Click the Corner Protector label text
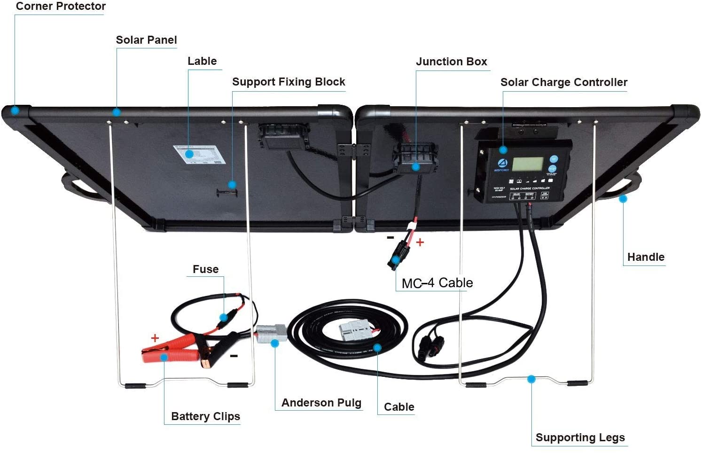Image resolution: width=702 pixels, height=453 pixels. point(61,7)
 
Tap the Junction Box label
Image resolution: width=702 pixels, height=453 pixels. point(451,62)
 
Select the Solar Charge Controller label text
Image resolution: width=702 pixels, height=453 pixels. point(563,82)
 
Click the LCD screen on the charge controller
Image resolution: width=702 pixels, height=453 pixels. point(528,164)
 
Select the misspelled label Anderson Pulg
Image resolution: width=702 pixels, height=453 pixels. point(321,403)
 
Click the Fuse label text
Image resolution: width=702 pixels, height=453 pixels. point(205,269)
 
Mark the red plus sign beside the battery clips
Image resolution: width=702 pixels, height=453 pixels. point(155,338)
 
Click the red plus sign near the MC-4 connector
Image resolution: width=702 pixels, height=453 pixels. point(420,242)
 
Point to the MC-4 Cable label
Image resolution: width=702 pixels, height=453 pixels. point(437,283)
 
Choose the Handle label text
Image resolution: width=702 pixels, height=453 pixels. point(646,257)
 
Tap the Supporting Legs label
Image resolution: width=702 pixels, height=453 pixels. point(580,437)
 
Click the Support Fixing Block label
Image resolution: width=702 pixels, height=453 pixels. point(289,82)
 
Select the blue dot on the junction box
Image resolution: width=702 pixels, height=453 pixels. point(415,167)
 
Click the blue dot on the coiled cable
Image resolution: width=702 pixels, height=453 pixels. point(377,348)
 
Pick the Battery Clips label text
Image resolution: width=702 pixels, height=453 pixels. point(205,416)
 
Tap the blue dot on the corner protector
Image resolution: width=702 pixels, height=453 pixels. point(15,111)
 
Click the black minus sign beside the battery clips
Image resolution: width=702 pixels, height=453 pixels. point(234,356)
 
